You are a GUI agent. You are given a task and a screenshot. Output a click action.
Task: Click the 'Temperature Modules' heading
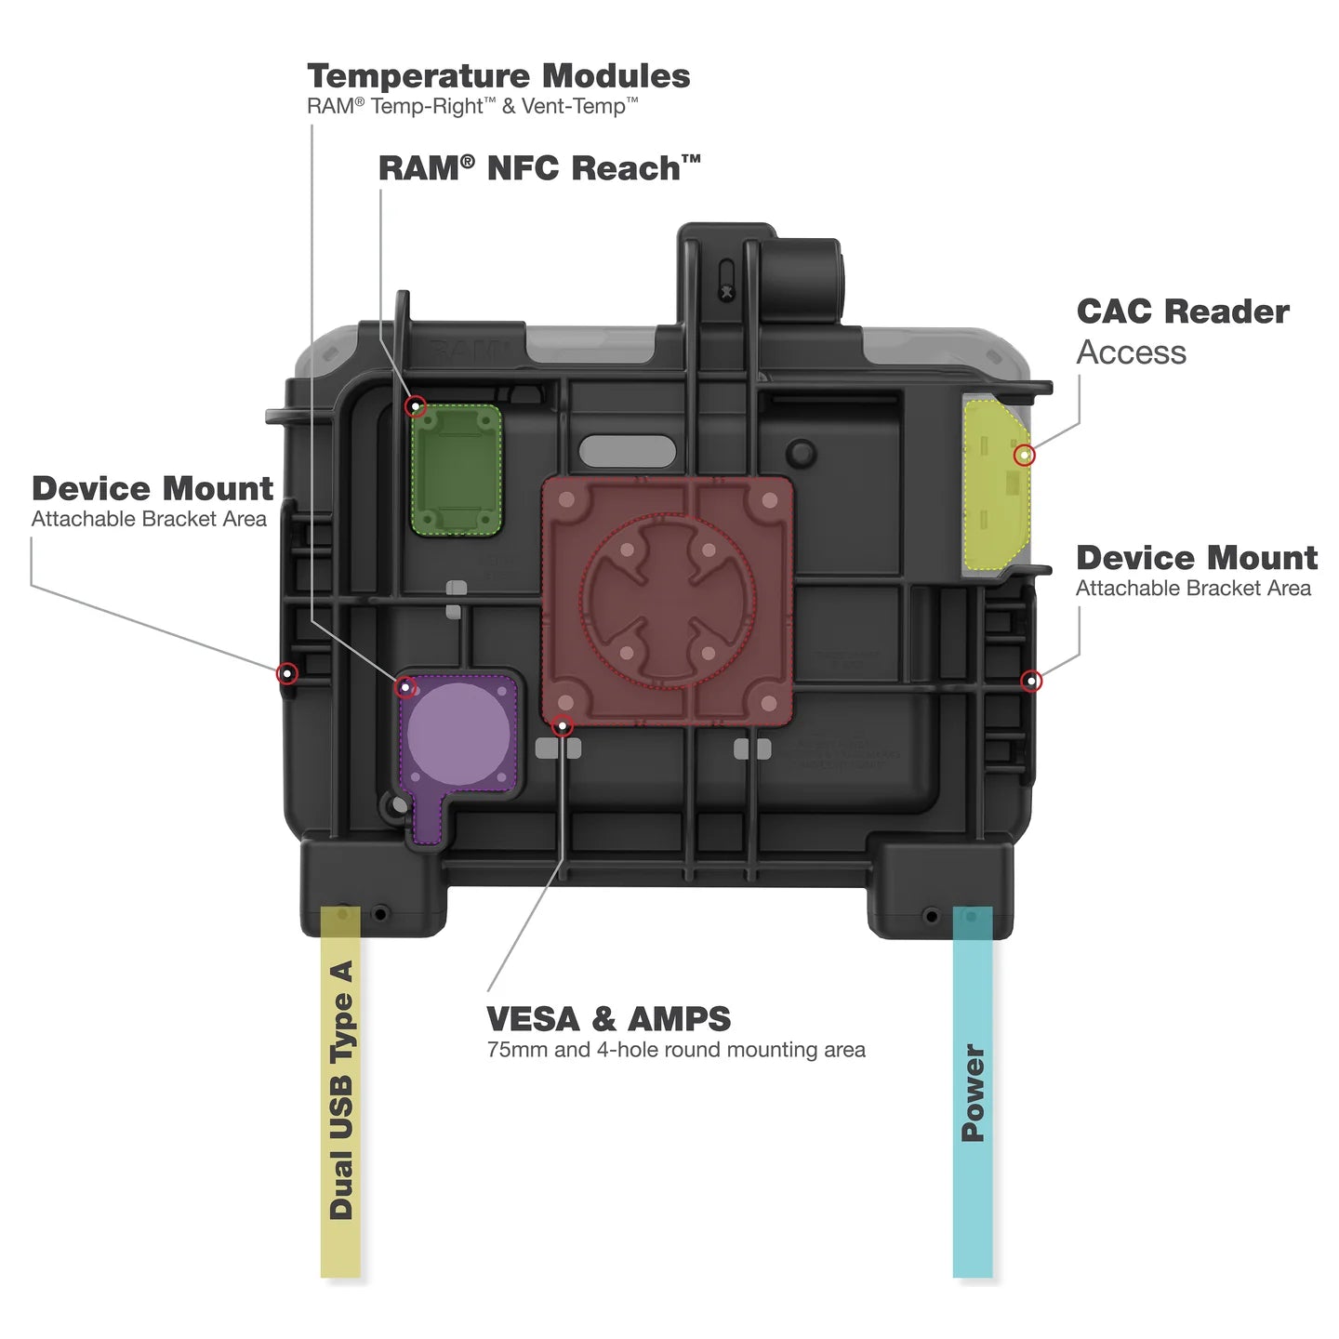498,76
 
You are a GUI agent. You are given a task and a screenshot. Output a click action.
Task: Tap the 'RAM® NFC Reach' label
538,168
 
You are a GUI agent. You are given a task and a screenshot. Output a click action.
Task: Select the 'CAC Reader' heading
1182,312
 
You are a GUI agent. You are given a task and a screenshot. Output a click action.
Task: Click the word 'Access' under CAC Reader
1131,352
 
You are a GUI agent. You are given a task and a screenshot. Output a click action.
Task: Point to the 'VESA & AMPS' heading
608,1019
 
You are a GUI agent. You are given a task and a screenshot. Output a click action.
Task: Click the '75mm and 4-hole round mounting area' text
676,1050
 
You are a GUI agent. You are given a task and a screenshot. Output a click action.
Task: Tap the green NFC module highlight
457,470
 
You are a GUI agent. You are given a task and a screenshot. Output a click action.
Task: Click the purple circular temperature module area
458,732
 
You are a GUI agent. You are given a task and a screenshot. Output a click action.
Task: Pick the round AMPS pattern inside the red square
667,600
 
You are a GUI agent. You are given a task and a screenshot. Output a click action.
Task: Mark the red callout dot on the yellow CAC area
1024,455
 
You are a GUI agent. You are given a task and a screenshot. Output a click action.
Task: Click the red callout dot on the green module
417,406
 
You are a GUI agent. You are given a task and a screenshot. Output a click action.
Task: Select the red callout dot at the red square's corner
562,725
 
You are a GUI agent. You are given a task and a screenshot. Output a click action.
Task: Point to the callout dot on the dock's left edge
287,673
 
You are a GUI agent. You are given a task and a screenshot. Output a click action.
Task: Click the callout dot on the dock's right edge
1030,682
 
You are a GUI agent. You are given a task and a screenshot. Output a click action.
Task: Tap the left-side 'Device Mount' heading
152,489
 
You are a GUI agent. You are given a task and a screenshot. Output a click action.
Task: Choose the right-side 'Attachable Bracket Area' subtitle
1193,589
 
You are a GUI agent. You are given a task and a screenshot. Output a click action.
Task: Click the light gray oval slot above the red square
627,451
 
